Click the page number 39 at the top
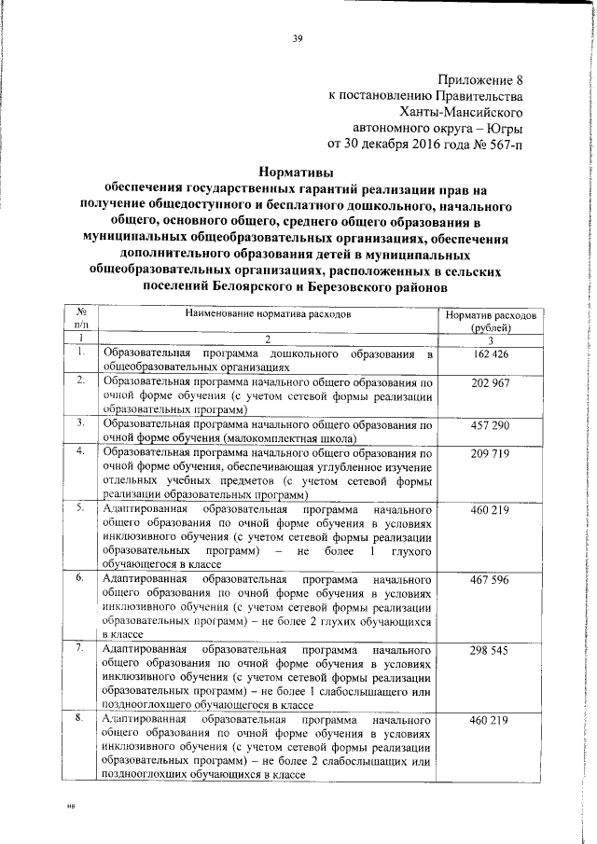pos(298,38)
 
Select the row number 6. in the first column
pos(81,579)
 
